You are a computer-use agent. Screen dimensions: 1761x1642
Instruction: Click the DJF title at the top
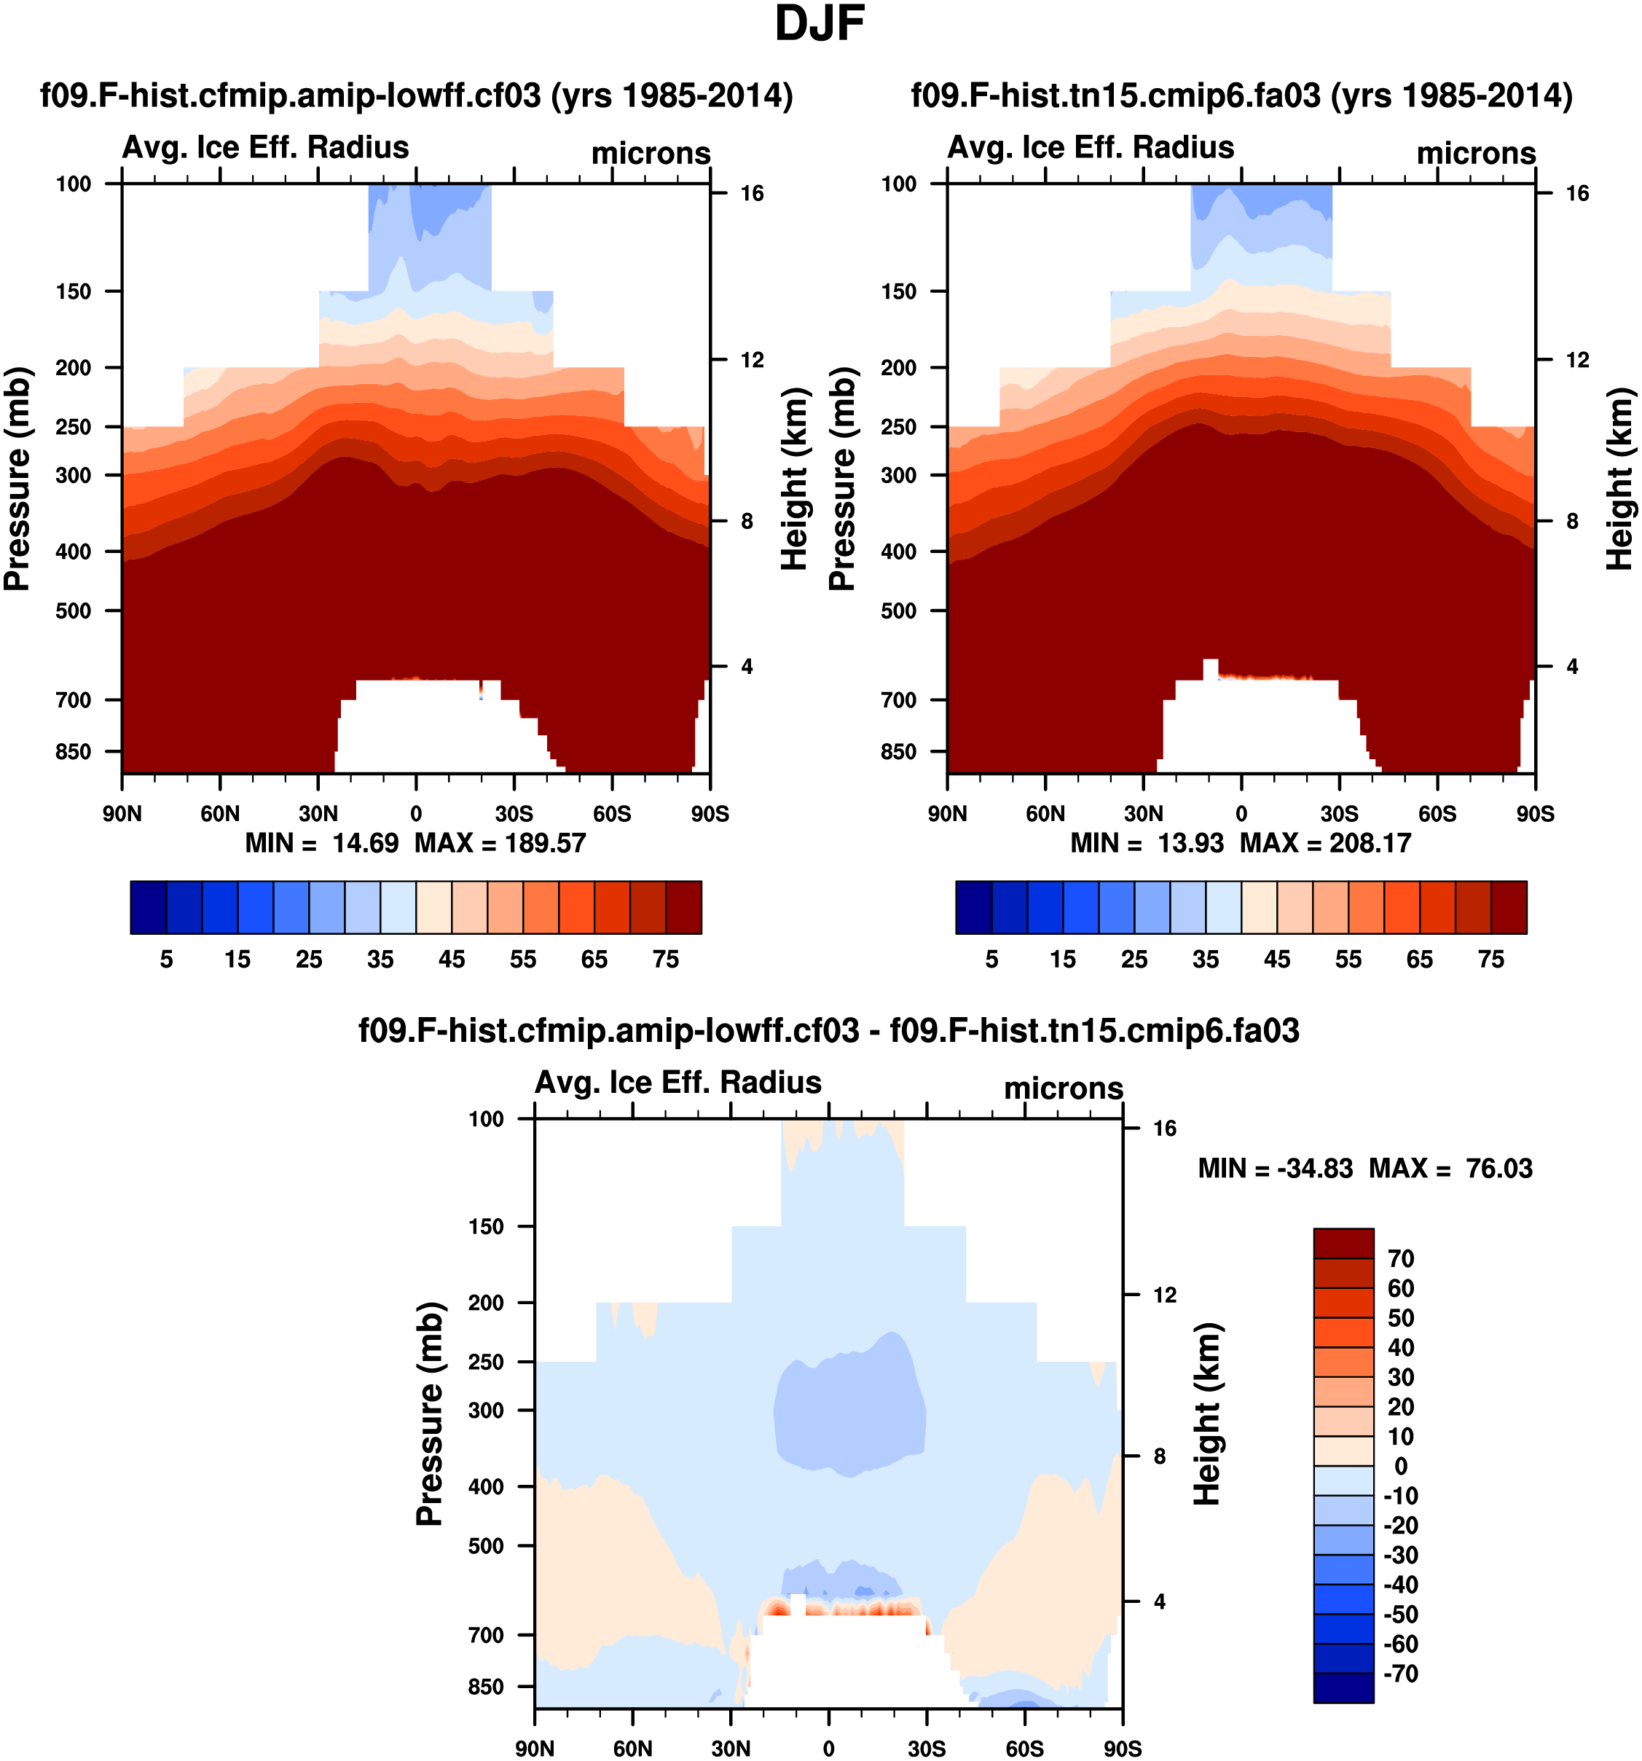[x=820, y=24]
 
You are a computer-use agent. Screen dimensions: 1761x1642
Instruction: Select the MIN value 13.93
[x=1190, y=842]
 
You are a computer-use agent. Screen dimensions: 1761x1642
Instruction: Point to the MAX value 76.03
[x=1498, y=1169]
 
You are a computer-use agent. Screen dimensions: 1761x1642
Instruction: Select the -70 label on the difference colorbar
[x=1400, y=1674]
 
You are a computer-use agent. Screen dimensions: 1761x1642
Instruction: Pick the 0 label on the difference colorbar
[x=1400, y=1466]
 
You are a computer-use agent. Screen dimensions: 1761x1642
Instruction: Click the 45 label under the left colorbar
[x=452, y=960]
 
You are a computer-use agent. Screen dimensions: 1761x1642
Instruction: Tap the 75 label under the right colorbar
[x=1491, y=960]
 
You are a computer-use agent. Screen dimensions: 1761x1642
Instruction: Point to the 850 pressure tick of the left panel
[x=74, y=751]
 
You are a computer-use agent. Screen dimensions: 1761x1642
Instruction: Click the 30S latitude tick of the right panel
[x=1339, y=813]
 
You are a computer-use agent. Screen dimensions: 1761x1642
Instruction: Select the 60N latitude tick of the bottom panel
[x=632, y=1749]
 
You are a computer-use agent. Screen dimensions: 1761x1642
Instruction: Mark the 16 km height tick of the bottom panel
[x=1165, y=1129]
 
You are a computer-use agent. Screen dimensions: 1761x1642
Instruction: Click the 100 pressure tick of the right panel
[x=898, y=184]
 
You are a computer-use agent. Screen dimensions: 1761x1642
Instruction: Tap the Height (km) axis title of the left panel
[x=795, y=479]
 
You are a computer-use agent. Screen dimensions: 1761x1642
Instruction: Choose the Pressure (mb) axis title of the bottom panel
[x=430, y=1413]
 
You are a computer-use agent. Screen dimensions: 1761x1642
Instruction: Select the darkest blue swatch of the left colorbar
[x=148, y=907]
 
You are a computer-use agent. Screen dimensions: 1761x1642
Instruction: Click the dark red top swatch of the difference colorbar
[x=1343, y=1243]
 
